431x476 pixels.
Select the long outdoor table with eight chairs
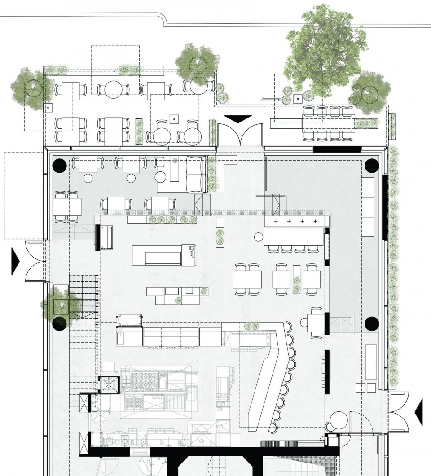tap(328, 122)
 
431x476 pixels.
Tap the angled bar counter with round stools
tap(269, 372)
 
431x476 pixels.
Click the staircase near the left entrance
tap(84, 297)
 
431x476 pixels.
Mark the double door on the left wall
tap(35, 262)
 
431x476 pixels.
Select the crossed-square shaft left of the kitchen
tap(108, 384)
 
